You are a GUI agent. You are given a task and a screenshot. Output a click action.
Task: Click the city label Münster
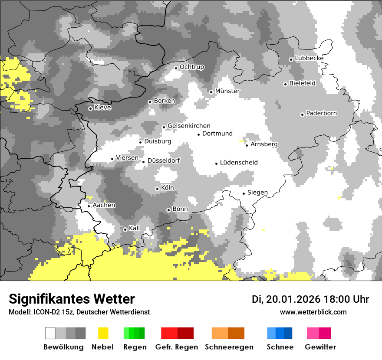pyautogui.click(x=227, y=91)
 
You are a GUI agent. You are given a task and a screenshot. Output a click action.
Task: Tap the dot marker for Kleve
pyautogui.click(x=90, y=108)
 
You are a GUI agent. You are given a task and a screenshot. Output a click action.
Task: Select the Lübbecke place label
pyautogui.click(x=309, y=58)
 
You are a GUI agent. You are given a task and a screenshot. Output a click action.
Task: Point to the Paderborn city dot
pyautogui.click(x=302, y=115)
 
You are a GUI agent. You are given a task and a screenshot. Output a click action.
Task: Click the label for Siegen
pyautogui.click(x=257, y=193)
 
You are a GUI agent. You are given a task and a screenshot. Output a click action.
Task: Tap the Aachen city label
pyautogui.click(x=104, y=205)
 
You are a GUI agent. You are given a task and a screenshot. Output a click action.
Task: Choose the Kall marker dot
pyautogui.click(x=125, y=229)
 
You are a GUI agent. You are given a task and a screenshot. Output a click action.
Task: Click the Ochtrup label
pyautogui.click(x=191, y=67)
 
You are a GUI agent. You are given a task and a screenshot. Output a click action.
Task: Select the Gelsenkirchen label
pyautogui.click(x=189, y=126)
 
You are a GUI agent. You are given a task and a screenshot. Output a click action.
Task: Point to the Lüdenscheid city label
pyautogui.click(x=239, y=163)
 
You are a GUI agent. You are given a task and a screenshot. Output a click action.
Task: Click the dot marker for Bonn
pyautogui.click(x=168, y=210)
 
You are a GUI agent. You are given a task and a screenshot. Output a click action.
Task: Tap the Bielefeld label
pyautogui.click(x=302, y=83)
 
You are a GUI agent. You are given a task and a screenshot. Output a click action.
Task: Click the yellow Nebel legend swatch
pyautogui.click(x=103, y=333)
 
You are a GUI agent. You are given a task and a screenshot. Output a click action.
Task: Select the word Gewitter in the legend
pyautogui.click(x=320, y=347)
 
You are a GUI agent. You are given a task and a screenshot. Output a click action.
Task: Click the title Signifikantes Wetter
pyautogui.click(x=72, y=299)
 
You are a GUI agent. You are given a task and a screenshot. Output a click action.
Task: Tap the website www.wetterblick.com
pyautogui.click(x=313, y=312)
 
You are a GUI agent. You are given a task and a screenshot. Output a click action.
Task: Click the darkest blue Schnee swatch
pyautogui.click(x=288, y=333)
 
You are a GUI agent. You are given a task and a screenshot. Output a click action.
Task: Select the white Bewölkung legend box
pyautogui.click(x=50, y=333)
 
